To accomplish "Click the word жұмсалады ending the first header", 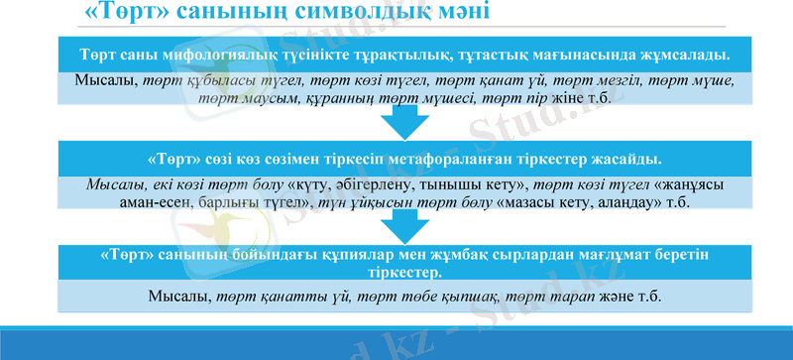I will [x=686, y=53].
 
